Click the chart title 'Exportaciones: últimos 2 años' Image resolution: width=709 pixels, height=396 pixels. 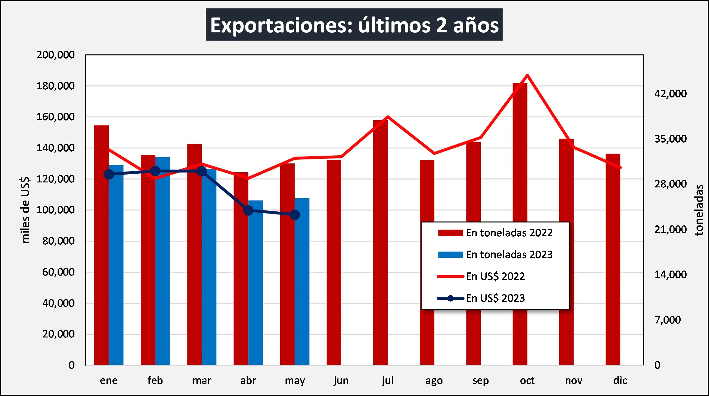tap(354, 25)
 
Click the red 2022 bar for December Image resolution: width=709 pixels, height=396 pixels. tap(613, 258)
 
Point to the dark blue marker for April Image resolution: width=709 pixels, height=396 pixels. tap(248, 210)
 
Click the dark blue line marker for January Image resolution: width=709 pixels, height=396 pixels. tap(109, 174)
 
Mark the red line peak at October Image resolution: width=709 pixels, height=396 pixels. tap(527, 75)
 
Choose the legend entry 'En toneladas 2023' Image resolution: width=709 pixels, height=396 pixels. tap(509, 255)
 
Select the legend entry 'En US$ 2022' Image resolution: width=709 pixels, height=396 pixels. tap(495, 276)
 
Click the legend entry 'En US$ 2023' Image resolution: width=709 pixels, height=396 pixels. tap(495, 298)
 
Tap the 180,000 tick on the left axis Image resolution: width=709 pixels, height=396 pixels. tap(55, 86)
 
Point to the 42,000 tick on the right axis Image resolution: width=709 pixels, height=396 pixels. tap(670, 94)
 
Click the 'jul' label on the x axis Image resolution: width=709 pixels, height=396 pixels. tap(388, 380)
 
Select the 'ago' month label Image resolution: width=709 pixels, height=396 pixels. tap(434, 380)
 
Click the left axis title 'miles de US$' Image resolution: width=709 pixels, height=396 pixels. tap(25, 210)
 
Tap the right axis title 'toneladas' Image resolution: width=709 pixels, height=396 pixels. tap(699, 210)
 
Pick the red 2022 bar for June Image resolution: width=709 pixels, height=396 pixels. tap(334, 262)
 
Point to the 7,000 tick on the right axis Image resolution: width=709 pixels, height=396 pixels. tap(668, 320)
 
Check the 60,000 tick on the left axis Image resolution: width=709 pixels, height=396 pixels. tap(59, 272)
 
